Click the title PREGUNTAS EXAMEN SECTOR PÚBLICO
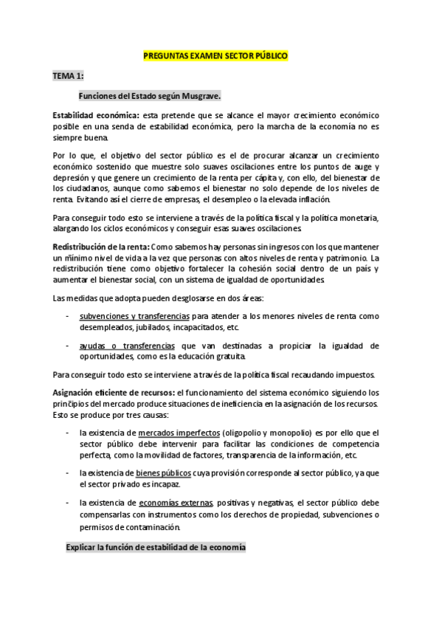tap(215, 56)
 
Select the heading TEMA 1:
tap(68, 76)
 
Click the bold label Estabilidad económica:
tap(95, 116)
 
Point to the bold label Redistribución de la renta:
tap(101, 246)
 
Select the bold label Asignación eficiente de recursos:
tap(113, 392)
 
